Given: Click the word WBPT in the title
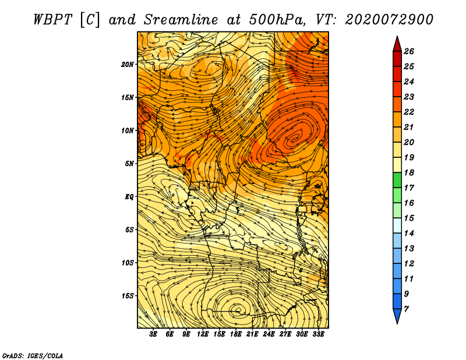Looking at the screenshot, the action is [52, 20].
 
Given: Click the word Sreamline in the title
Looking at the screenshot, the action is [181, 20].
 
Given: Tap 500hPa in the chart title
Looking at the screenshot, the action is [277, 20].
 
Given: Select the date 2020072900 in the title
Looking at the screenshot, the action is [389, 20].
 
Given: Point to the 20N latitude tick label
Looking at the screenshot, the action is [127, 64].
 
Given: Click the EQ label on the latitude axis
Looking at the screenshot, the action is [129, 196].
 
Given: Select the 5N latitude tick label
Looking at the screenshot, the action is [129, 164].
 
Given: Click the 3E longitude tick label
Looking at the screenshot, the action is [153, 334].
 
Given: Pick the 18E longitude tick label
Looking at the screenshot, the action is [235, 334].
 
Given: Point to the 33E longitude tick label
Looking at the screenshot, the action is [318, 334].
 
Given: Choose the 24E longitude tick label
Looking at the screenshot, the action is [269, 334].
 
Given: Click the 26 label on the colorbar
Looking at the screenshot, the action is [409, 51].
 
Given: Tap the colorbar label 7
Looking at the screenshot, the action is [406, 309].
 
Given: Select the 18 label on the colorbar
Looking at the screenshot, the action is [409, 172].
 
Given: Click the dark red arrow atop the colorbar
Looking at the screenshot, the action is [397, 44].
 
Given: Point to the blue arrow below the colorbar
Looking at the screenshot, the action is [397, 316].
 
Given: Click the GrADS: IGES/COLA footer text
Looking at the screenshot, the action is [33, 355].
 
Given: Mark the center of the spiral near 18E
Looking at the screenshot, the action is [238, 310].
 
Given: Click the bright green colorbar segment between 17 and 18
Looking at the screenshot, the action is [397, 180].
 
